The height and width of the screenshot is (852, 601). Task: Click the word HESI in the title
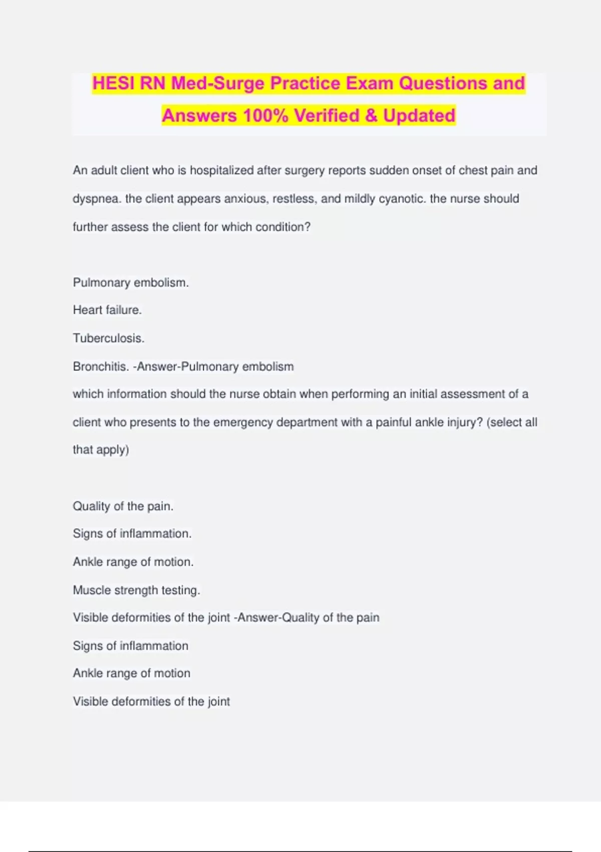114,83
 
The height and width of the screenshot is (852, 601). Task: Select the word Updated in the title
419,116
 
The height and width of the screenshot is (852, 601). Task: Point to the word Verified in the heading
327,116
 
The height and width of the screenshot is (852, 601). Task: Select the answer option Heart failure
107,310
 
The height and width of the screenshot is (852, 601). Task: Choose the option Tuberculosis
108,338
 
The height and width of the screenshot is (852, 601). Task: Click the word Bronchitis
100,366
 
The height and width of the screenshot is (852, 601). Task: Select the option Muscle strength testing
136,590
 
